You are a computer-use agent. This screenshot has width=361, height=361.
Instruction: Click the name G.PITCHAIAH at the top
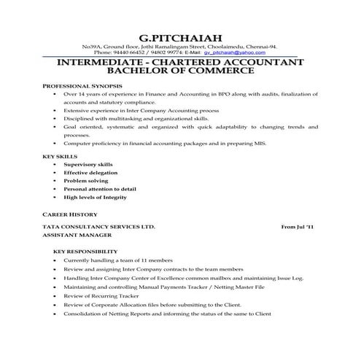[x=180, y=36]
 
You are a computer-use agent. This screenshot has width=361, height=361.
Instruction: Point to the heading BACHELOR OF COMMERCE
[x=180, y=72]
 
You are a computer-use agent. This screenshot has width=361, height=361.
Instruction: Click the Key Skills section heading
[x=58, y=156]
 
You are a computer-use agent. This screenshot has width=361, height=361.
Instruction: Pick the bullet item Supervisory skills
[x=88, y=165]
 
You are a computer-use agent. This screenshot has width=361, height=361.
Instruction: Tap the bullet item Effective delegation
[x=90, y=173]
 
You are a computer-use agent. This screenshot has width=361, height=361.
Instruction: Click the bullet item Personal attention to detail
[x=98, y=189]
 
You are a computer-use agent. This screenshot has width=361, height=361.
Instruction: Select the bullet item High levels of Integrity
[x=95, y=197]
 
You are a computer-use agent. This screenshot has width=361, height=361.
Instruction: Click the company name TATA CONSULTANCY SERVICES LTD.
[x=99, y=228]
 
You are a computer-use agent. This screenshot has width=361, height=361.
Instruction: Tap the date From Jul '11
[x=298, y=228]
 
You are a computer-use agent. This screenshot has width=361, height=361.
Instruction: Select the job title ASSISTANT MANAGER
[x=77, y=236]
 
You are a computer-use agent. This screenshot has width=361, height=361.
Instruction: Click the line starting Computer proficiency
[x=165, y=144]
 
